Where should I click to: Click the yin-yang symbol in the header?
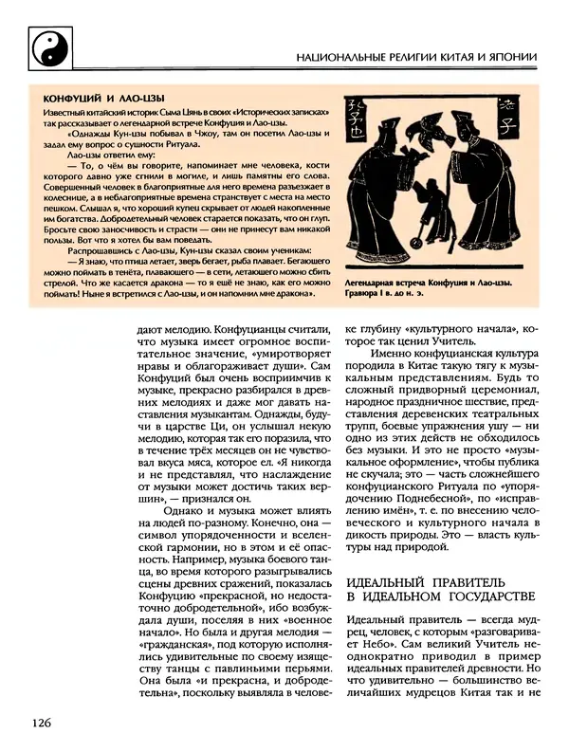46,45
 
